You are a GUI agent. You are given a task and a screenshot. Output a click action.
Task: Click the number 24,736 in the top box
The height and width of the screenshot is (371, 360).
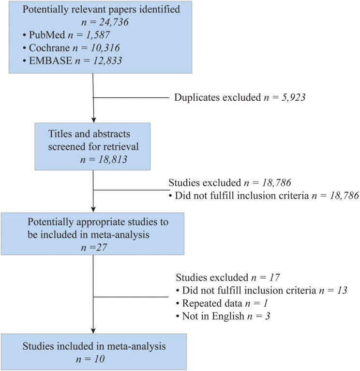(x=114, y=22)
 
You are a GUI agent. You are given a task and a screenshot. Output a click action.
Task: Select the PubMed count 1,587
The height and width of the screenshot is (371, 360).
(x=98, y=35)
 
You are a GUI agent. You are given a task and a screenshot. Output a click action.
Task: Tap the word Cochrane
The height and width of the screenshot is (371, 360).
(x=49, y=48)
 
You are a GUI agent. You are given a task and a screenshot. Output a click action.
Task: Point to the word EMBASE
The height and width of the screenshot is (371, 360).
(x=50, y=61)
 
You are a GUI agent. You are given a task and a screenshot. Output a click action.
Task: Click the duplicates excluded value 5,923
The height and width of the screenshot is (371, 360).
(x=293, y=97)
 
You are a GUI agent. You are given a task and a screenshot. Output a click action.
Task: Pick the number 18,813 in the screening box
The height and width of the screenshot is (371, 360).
(x=113, y=159)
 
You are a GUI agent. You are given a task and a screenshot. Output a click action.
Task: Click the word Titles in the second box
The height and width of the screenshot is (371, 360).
(x=60, y=134)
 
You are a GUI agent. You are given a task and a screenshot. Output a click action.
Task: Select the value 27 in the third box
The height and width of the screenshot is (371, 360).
(x=102, y=247)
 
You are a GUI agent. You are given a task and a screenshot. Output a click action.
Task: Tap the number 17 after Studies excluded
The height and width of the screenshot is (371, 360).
(x=274, y=278)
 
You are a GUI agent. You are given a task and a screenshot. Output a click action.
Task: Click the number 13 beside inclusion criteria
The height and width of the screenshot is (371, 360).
(x=342, y=290)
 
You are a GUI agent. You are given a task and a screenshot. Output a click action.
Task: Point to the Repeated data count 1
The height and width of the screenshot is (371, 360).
(x=266, y=303)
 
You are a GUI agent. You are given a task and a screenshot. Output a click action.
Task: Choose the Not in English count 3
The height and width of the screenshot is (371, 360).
(x=268, y=316)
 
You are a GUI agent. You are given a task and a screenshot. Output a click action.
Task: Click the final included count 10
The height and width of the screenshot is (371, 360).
(x=99, y=359)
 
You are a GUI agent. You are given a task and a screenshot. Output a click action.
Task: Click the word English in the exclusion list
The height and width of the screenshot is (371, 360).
(x=228, y=316)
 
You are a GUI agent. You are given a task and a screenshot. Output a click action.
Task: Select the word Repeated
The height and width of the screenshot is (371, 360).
(x=200, y=304)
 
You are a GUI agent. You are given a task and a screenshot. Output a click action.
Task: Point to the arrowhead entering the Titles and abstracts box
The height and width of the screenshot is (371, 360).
(x=93, y=120)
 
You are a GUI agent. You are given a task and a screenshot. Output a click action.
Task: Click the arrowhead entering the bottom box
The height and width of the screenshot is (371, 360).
(x=93, y=331)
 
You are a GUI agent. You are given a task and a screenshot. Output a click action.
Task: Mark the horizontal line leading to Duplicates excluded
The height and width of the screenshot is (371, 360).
(x=131, y=97)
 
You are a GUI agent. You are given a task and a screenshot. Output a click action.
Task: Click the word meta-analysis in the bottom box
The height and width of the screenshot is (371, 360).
(x=136, y=346)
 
